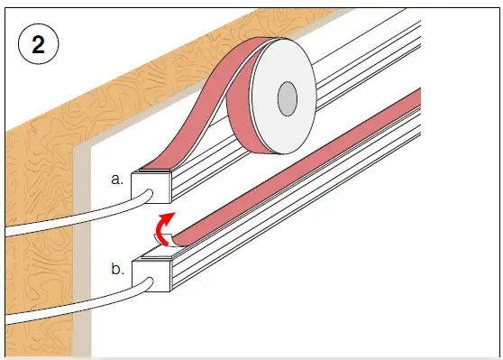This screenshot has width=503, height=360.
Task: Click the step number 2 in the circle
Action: coord(38,44)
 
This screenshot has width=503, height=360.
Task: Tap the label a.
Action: coord(117,179)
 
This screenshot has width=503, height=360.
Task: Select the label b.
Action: coord(118,269)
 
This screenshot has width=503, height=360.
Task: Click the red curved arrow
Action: coord(161,227)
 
